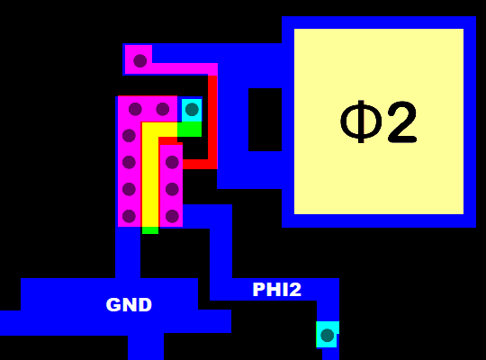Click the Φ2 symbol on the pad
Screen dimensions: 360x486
[x=379, y=122]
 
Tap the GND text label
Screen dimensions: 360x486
[x=129, y=305]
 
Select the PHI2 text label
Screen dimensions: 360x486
[x=276, y=290]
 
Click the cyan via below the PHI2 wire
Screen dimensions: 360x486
[x=327, y=335]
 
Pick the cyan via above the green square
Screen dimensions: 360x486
[x=191, y=110]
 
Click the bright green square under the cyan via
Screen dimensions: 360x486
[x=189, y=130]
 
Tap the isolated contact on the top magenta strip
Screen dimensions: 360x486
[x=139, y=60]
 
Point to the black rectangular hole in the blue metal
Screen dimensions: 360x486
[x=265, y=119]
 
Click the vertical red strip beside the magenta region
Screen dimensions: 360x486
[x=212, y=117]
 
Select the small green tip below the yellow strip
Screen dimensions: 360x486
[x=149, y=230]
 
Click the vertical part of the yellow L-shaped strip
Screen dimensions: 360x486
[x=149, y=180]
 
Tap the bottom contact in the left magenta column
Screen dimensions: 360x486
[x=129, y=215]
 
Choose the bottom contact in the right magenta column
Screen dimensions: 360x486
[x=172, y=215]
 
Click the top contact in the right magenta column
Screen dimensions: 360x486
[x=172, y=163]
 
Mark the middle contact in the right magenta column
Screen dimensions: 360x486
[x=172, y=189]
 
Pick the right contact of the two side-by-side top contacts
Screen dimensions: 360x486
[x=163, y=110]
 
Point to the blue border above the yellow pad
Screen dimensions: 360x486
[x=378, y=22]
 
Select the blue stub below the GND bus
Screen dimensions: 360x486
[x=145, y=346]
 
